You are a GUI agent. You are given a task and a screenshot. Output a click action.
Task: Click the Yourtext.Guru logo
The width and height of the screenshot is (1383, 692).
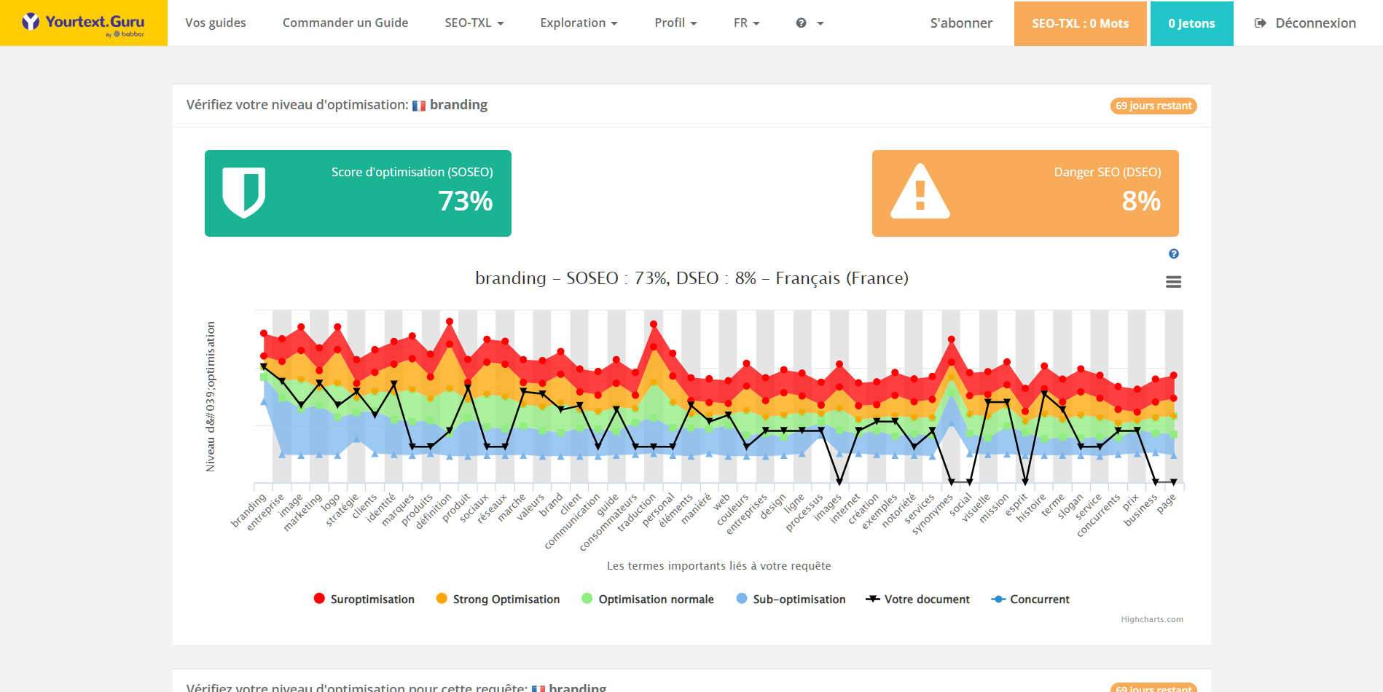[x=83, y=23]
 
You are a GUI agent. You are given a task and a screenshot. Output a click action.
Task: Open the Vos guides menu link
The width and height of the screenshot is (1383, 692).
[x=215, y=23]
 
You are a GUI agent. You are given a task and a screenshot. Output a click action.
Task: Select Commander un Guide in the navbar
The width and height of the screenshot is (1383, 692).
[x=345, y=23]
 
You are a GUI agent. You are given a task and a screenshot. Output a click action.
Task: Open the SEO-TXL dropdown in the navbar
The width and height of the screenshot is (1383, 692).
[x=474, y=23]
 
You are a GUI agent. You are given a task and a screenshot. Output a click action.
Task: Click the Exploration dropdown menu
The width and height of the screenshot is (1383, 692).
[x=579, y=23]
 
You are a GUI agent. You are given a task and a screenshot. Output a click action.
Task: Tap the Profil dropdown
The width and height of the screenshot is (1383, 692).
[x=675, y=23]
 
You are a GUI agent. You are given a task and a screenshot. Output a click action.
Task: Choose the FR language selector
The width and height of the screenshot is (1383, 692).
[x=746, y=23]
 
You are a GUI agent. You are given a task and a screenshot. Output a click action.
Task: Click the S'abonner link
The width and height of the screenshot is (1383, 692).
[x=961, y=23]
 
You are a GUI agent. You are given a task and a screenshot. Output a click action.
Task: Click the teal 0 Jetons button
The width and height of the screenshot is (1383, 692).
[x=1191, y=23]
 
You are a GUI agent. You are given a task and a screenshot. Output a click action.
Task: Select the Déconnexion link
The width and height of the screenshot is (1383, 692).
[x=1305, y=23]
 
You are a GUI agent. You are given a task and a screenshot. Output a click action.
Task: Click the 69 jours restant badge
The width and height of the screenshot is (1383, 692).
[x=1153, y=106]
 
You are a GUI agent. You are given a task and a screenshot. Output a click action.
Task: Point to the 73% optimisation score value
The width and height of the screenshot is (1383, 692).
[x=465, y=201]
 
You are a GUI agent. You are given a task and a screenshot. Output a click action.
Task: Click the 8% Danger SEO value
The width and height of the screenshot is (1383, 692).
[x=1141, y=201]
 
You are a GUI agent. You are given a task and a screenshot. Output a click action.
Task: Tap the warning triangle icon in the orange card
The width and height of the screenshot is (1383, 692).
[x=920, y=192]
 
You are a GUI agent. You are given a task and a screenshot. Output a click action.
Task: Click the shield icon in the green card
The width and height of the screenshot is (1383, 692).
[x=243, y=192]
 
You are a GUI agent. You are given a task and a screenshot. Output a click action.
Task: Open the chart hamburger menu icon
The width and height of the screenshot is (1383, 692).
[x=1173, y=282]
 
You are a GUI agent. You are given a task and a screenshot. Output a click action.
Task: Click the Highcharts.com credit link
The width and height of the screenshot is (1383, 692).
[x=1152, y=619]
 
